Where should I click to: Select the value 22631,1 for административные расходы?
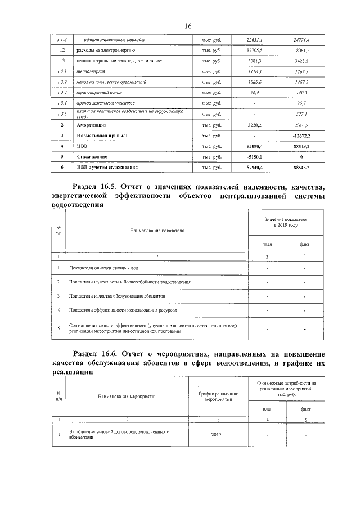[x=255, y=40]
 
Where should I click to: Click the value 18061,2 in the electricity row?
[x=301, y=51]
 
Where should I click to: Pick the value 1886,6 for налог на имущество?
[x=255, y=82]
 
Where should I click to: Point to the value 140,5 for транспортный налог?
[x=301, y=92]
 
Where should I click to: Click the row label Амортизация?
[x=93, y=125]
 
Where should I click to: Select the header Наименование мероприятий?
[x=127, y=396]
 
